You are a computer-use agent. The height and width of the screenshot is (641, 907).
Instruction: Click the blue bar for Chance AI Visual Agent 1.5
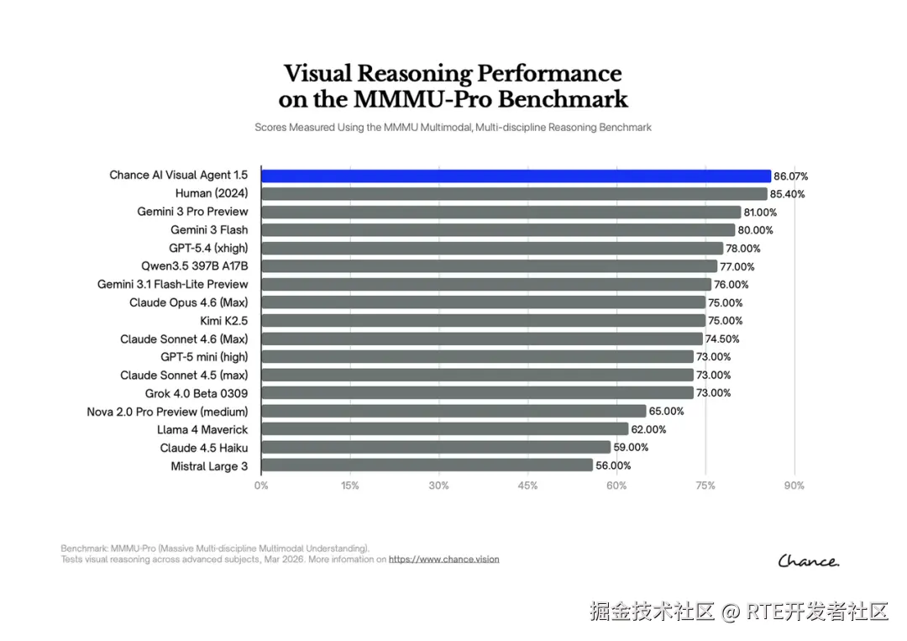coord(516,176)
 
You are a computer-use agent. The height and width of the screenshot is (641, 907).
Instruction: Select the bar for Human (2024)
coord(514,194)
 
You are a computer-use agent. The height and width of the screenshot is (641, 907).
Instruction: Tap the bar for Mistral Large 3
coord(427,465)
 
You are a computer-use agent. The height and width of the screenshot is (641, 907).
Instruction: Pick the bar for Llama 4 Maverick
coord(444,429)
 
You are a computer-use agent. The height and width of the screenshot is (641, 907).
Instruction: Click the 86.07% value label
coord(791,176)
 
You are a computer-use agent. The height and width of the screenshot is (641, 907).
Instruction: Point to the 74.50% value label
coord(723,339)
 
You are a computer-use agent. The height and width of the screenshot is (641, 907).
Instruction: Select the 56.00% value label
coord(613,465)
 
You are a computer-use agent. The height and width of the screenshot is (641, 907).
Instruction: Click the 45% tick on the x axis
coord(527,486)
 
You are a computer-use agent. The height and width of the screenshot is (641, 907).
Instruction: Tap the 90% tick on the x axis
coord(794,486)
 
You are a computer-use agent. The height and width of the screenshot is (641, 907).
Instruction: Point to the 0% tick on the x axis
coord(262,486)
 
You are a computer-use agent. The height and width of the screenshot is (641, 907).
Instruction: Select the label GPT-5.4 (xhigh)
coord(208,248)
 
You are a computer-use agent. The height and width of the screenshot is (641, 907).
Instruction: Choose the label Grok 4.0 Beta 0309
coord(197,393)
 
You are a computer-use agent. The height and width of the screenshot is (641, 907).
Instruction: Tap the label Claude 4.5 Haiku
coord(204,448)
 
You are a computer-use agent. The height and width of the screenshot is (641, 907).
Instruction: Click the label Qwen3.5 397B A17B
coord(195,266)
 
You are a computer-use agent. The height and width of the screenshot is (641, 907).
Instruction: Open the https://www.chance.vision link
coord(443,559)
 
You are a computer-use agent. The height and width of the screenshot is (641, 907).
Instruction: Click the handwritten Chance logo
coord(808,560)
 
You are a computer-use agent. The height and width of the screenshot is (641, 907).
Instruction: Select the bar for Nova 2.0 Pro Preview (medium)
coord(453,411)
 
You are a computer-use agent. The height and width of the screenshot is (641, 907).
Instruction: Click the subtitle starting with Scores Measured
coord(453,128)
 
